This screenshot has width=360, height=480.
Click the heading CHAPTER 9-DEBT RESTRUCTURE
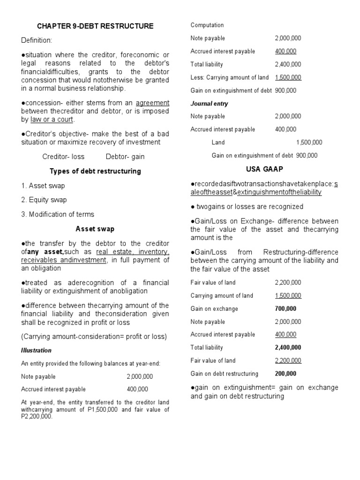(x=95, y=26)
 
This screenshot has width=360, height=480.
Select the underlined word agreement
(x=152, y=103)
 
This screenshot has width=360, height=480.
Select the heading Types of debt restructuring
(x=95, y=171)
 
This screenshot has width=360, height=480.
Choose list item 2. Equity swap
(x=44, y=200)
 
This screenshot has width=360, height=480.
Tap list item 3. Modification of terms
(x=58, y=214)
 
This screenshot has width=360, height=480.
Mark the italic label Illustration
(x=36, y=350)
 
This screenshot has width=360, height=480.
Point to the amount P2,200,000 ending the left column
(x=37, y=416)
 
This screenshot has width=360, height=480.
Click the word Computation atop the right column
(x=207, y=25)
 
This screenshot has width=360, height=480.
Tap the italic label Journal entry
(x=209, y=104)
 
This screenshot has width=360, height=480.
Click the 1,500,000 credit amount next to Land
(x=309, y=142)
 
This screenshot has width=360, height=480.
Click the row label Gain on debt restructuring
(x=225, y=374)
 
